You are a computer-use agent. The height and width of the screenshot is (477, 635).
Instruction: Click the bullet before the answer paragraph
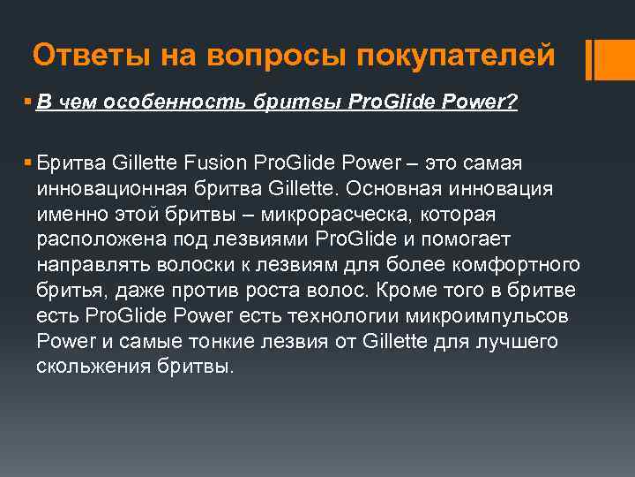pos(29,163)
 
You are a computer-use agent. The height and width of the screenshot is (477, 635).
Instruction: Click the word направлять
pos(87,265)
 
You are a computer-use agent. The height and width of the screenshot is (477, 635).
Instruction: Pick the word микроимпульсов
pos(495,316)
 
